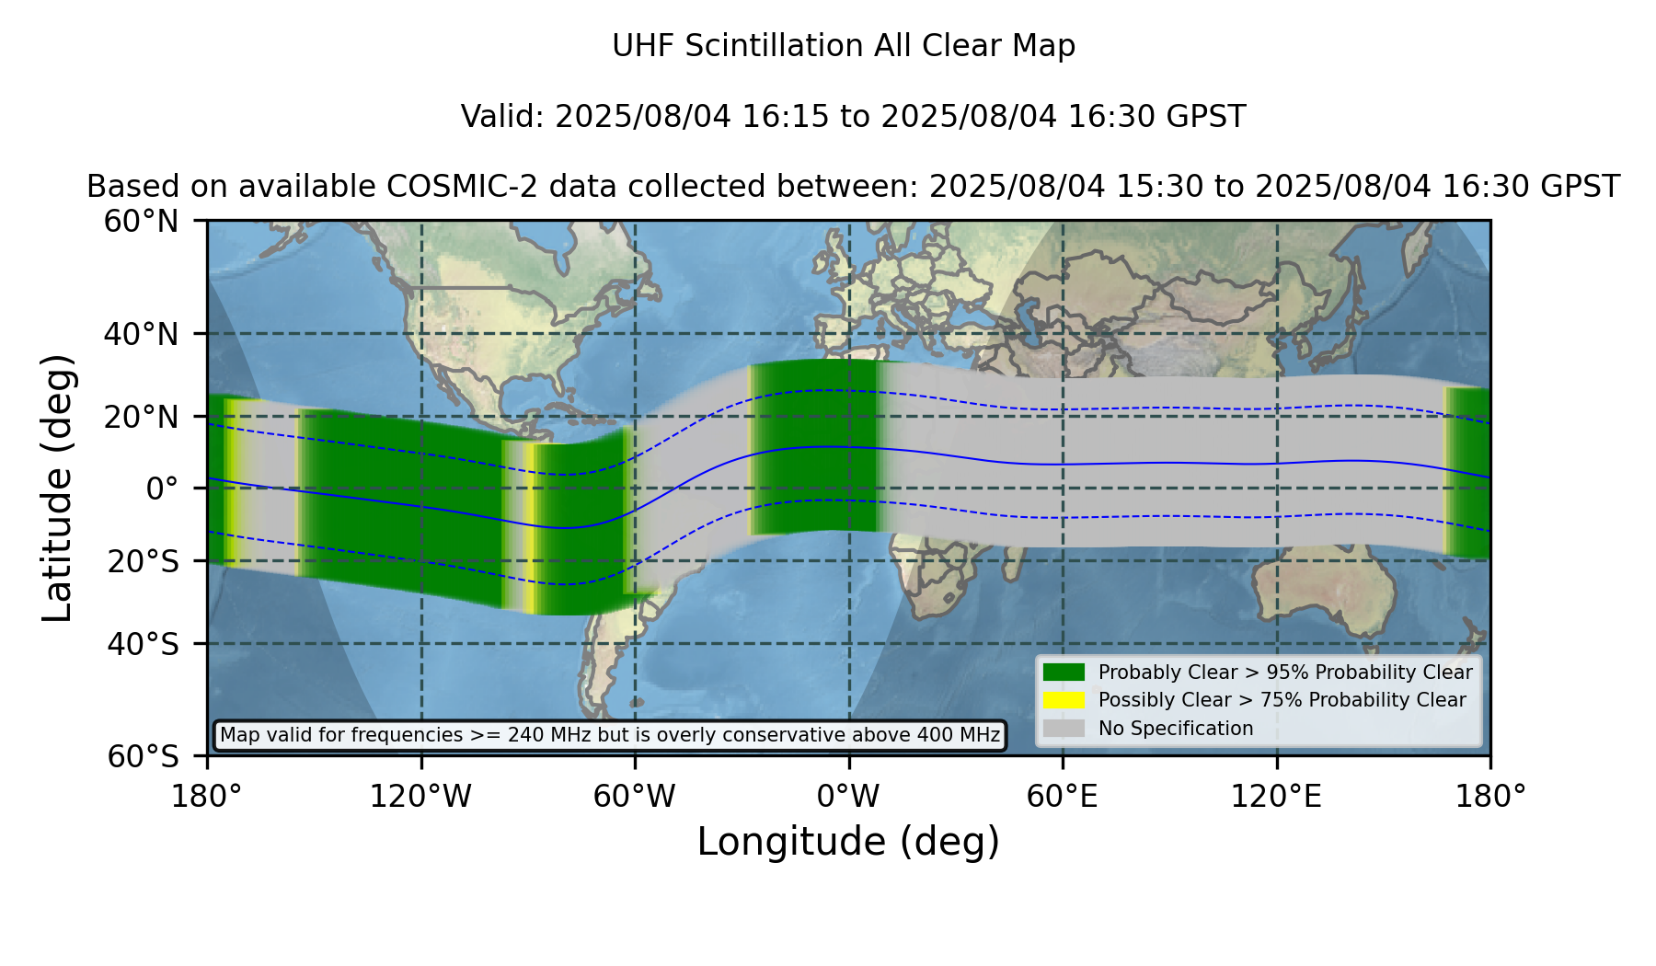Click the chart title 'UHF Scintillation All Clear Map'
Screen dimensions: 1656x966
pos(844,46)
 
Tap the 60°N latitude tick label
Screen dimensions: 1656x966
pos(141,222)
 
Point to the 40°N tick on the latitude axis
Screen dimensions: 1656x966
pos(141,334)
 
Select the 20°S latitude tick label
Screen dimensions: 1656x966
pos(144,561)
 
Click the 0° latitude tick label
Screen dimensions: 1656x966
pos(162,489)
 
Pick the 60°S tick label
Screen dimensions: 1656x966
pos(144,757)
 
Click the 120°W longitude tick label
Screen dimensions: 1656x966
pos(420,797)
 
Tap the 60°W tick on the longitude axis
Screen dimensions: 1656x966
pos(635,797)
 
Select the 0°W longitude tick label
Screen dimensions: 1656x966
pos(848,797)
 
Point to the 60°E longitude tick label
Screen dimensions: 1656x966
pos(1063,797)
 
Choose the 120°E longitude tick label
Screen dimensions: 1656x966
pos(1277,797)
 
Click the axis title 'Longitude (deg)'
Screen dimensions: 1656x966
pos(848,843)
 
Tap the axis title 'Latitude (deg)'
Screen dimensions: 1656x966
pos(57,488)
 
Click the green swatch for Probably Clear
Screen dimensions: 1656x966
pos(1064,673)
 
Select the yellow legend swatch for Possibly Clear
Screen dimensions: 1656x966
pos(1064,700)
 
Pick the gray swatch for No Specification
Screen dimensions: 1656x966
pos(1064,729)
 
